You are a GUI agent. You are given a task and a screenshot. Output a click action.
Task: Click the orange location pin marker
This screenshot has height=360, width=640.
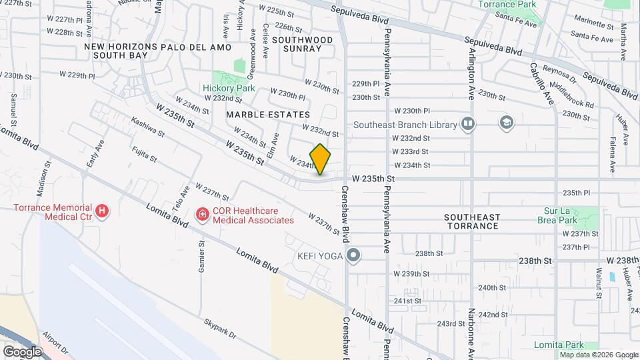320,159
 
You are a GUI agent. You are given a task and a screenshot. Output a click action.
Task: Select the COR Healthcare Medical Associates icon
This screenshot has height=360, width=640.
201,214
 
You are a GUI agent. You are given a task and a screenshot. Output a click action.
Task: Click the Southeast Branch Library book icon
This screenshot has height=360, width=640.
468,123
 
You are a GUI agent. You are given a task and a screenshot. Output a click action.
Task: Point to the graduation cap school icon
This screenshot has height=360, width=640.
507,123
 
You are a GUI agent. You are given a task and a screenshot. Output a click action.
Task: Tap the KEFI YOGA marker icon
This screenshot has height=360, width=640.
353,255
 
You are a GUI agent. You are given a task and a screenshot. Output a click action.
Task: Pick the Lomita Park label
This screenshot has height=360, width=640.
559,345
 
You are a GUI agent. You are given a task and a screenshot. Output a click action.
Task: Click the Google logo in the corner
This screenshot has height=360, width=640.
22,351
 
